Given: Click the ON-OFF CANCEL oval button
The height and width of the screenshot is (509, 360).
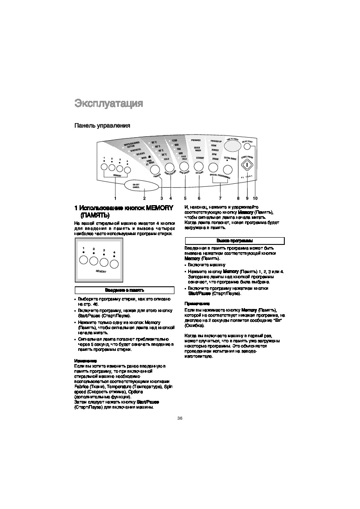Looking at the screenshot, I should (x=143, y=186).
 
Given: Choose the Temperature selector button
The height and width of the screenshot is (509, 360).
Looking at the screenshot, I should (x=169, y=167).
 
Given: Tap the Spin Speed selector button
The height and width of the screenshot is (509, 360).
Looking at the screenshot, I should (x=184, y=166).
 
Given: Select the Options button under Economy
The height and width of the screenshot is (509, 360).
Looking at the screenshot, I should (x=198, y=166).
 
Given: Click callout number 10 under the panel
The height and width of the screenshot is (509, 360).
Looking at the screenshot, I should (x=255, y=198).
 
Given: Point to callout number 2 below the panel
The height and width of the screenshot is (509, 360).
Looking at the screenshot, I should (x=144, y=198).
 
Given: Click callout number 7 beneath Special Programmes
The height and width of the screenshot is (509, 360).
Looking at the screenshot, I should (x=220, y=198).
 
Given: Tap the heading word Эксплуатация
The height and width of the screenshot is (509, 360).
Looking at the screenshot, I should (x=109, y=103).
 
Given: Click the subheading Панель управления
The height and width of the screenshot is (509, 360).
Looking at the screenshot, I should (x=102, y=126).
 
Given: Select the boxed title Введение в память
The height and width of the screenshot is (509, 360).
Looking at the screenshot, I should (x=124, y=290).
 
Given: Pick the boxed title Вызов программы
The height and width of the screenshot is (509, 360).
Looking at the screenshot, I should (x=234, y=241).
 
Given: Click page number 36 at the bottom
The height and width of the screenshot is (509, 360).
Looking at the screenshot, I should (x=180, y=418).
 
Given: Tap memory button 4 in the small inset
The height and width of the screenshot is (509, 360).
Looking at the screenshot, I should (x=114, y=264).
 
